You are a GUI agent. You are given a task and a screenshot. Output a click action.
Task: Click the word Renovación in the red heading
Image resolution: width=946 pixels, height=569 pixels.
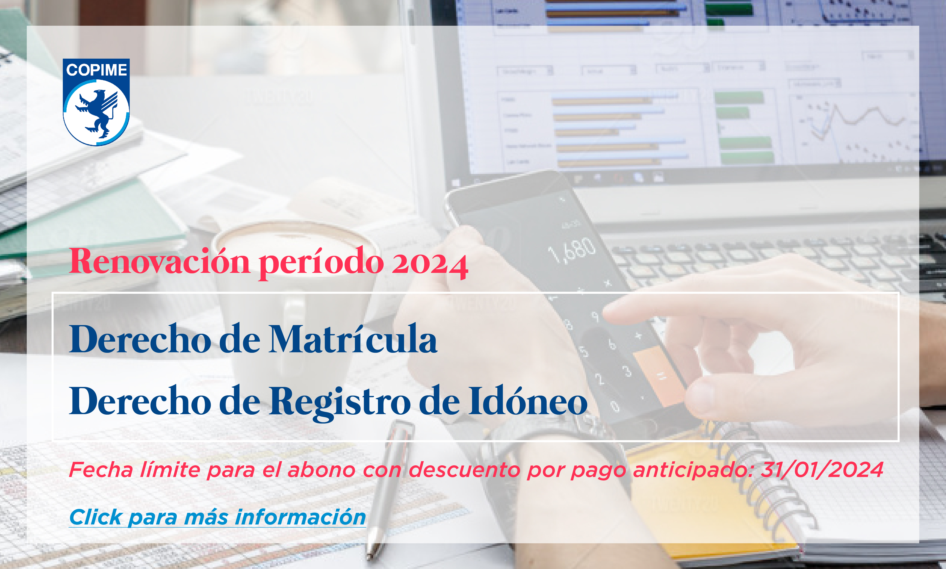pos(160,261)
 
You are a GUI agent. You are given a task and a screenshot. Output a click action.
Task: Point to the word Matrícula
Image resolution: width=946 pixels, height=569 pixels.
pos(353,339)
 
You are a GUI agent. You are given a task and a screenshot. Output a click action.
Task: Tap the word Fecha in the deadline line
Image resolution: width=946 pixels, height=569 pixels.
pos(101,470)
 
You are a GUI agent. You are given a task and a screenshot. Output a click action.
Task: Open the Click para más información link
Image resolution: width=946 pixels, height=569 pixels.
pos(217,517)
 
